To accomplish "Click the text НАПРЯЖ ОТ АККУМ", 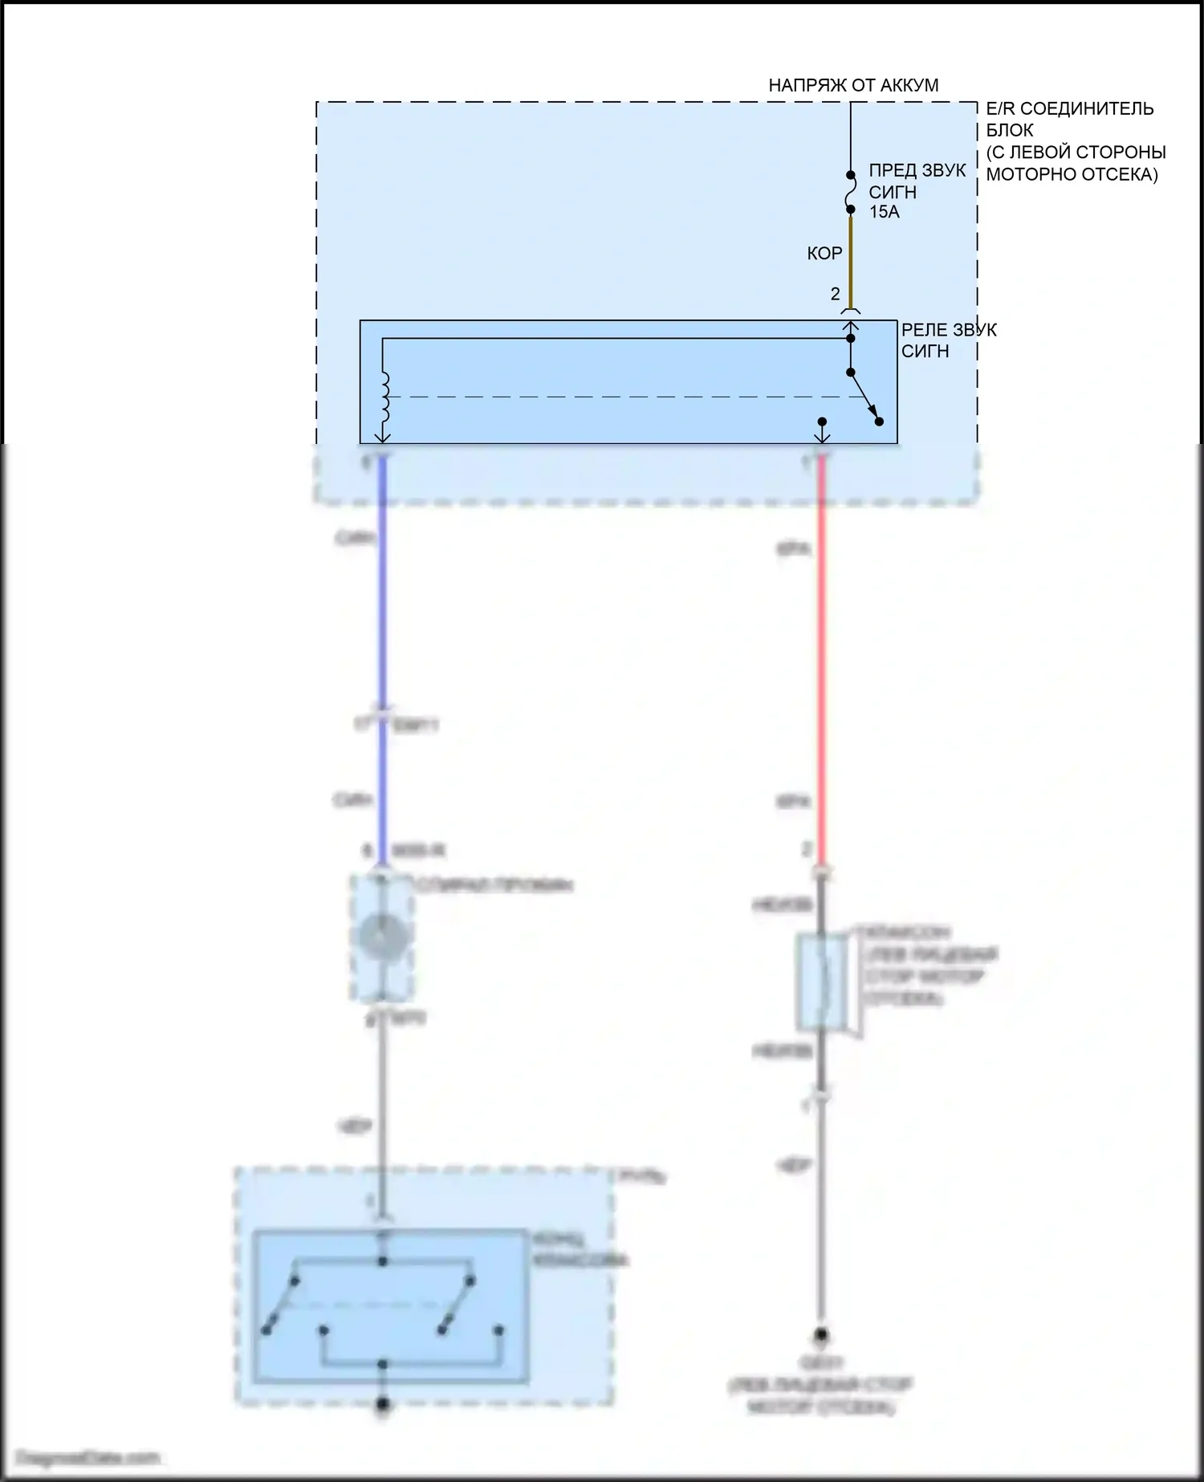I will point(853,85).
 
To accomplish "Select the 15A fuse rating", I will point(884,212).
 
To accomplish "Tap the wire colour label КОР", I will point(824,254).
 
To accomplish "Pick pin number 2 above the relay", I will point(835,294).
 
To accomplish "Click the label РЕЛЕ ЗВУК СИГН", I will point(948,340).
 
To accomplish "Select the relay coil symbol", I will point(384,397).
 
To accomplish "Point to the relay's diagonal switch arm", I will point(864,397).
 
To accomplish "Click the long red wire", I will point(821,642).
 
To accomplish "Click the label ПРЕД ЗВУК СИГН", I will point(917,181).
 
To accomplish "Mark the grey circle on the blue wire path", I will point(383,935).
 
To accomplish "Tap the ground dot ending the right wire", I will point(821,1336).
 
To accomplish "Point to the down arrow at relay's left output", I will point(383,434).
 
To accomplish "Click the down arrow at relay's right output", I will point(822,434).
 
